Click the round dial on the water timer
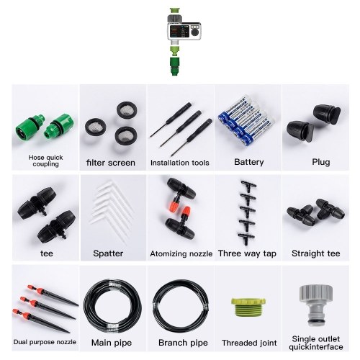196,32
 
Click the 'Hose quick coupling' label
45,161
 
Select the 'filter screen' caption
111,163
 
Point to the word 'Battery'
249,162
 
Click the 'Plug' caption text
321,162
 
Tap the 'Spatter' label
108,253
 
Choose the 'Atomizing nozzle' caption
181,253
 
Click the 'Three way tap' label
247,253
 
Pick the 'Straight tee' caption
316,253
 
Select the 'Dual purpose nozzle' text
45,342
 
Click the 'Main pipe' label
112,343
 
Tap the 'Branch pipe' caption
183,343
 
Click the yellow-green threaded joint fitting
248,310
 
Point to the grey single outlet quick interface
316,305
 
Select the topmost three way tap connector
248,186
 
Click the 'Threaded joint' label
249,343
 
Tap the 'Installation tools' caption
180,163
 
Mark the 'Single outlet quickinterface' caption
316,343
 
